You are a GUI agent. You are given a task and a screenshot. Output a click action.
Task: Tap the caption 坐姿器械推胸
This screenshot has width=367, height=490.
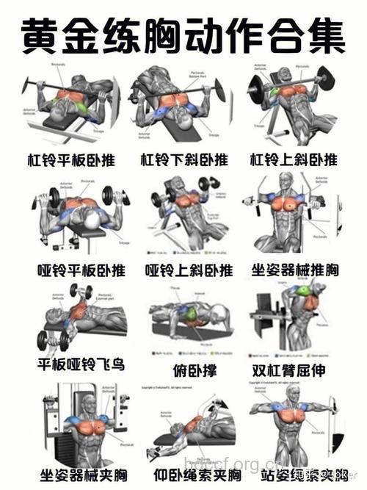295,270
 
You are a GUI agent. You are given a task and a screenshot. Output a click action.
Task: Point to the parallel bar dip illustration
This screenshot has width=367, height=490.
294,320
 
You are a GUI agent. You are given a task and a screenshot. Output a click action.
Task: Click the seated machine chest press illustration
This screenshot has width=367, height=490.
294,217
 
